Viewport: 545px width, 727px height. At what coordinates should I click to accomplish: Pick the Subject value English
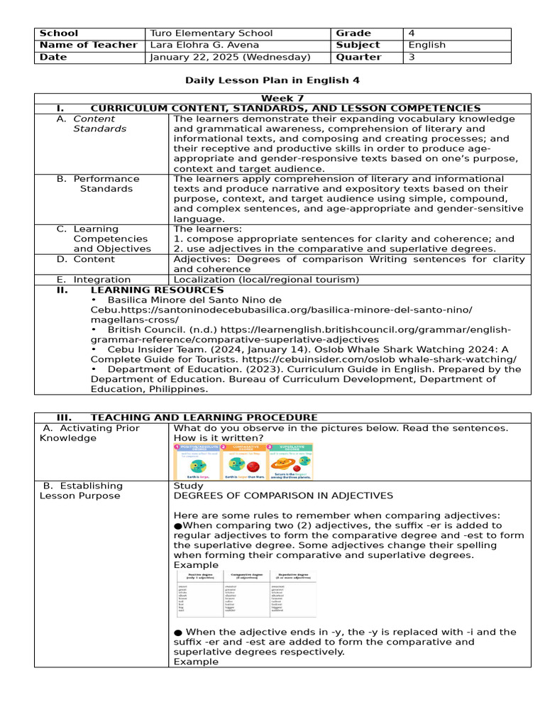pyautogui.click(x=427, y=45)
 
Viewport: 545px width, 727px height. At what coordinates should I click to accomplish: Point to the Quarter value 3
pyautogui.click(x=412, y=57)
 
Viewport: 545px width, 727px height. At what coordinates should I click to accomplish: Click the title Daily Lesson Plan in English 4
pyautogui.click(x=272, y=80)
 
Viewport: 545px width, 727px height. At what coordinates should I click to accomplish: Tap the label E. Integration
pyautogui.click(x=94, y=280)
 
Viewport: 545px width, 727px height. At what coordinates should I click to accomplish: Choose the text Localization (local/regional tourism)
pyautogui.click(x=267, y=280)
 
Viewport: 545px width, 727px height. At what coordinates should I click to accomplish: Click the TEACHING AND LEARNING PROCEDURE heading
pyautogui.click(x=204, y=417)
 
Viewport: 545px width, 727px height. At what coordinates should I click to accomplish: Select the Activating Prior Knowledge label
pyautogui.click(x=89, y=433)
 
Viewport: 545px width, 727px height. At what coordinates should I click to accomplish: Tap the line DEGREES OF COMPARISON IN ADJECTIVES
pyautogui.click(x=283, y=496)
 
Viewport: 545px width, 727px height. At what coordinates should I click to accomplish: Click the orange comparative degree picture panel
pyautogui.click(x=244, y=461)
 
